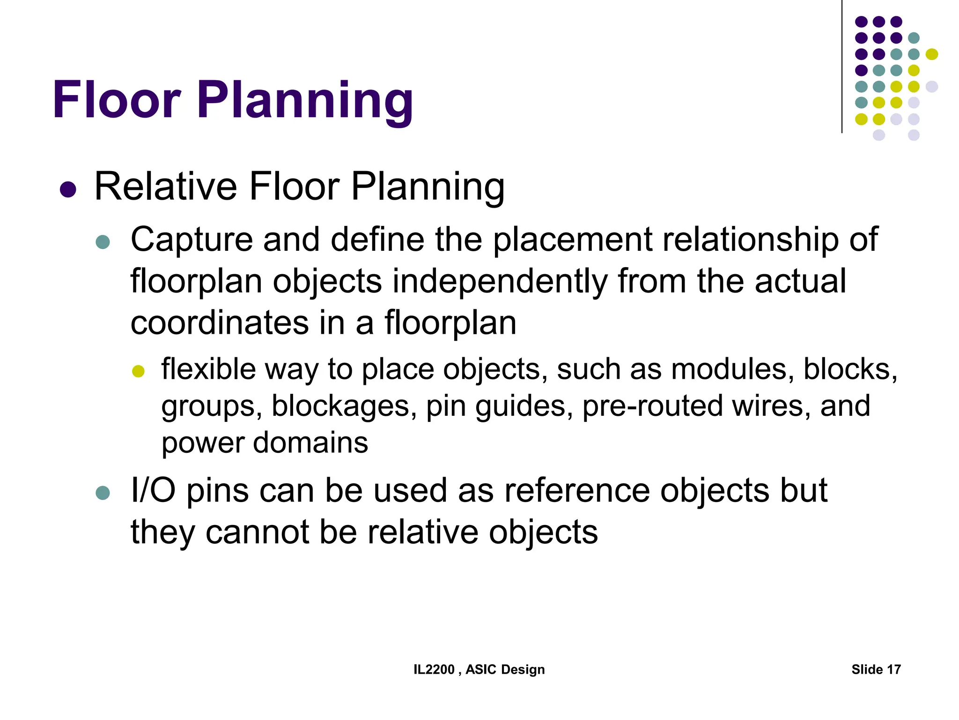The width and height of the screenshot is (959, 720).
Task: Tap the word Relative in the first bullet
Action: point(166,187)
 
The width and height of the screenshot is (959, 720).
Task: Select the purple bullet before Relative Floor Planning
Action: point(68,189)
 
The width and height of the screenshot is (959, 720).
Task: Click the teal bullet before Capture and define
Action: point(103,242)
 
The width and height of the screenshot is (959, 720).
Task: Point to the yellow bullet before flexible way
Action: point(138,372)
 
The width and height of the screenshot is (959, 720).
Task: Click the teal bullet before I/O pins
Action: point(103,493)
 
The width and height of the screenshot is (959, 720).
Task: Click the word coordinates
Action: point(220,323)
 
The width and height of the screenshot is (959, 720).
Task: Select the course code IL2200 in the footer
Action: point(434,669)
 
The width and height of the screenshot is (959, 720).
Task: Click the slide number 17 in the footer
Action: point(893,669)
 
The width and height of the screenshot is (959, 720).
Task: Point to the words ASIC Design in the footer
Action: point(505,669)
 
